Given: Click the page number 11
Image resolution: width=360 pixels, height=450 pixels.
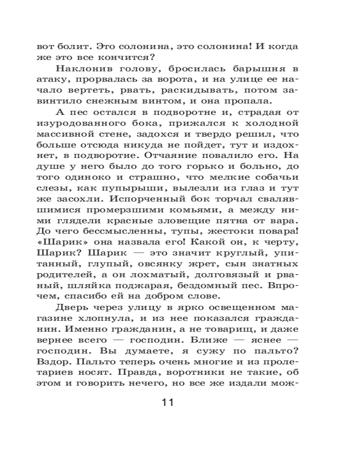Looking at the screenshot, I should tap(167, 402).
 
